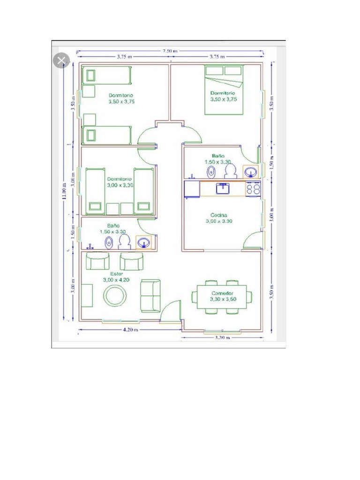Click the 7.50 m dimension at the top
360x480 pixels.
(170, 51)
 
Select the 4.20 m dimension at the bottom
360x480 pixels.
(130, 330)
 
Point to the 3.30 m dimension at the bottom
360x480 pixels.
(222, 337)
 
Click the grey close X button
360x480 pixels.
(62, 60)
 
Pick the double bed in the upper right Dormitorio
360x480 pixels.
(224, 90)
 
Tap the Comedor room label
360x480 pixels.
(222, 293)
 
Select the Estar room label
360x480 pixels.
(117, 274)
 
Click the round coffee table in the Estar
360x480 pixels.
(114, 296)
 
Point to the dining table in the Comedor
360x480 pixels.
(222, 297)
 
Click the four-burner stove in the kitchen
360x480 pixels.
(254, 188)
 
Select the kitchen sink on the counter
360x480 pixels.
(222, 188)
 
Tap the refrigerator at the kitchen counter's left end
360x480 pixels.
(192, 188)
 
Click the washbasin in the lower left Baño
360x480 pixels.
(144, 242)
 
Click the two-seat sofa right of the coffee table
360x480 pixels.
(151, 295)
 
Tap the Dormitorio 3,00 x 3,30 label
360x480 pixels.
(120, 182)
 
